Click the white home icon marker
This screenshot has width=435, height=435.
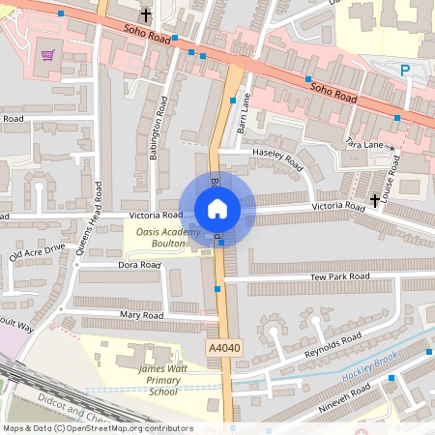coord(217,208)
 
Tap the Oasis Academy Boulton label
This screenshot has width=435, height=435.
coord(168,238)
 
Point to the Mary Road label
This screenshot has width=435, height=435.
coord(142,315)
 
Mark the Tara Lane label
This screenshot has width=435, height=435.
coord(363,144)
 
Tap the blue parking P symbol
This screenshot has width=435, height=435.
coord(405,70)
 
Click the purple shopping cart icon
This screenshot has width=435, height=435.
coord(47,55)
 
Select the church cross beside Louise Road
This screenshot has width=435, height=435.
coord(374,199)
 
